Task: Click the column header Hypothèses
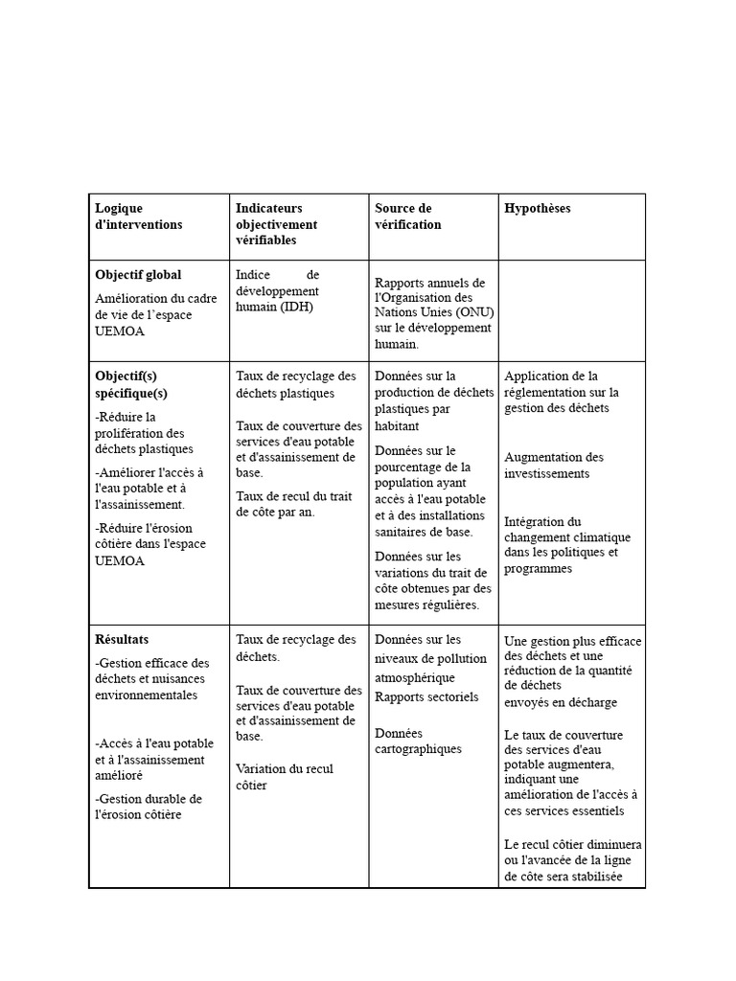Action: coord(537,209)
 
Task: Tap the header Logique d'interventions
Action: coord(138,217)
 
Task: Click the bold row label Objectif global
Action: coord(138,275)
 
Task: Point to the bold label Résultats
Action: coord(122,639)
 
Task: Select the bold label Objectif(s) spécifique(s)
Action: coord(131,384)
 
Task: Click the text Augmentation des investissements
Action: coord(554,466)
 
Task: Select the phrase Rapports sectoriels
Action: coord(426,697)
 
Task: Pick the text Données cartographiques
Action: coord(418,741)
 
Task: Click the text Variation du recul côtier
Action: coord(284,777)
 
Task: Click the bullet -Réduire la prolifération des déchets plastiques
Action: coord(144,432)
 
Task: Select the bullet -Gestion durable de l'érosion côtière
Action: coord(149,807)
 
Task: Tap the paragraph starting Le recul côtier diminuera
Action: coord(572,860)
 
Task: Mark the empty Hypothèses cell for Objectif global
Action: coord(571,310)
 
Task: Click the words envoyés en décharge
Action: coord(561,702)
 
